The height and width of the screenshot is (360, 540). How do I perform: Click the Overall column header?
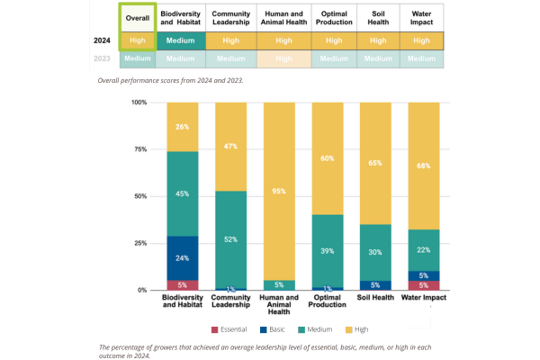tap(137, 18)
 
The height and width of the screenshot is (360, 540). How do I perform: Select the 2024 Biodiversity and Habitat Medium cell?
tap(181, 40)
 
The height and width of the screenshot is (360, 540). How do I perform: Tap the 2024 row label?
tap(101, 40)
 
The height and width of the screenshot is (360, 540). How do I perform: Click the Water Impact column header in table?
tap(422, 18)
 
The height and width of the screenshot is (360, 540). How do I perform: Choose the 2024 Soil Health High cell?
tap(378, 40)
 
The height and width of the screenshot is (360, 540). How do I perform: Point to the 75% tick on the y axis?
tap(140, 149)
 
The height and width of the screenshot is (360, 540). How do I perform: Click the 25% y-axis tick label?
tap(140, 243)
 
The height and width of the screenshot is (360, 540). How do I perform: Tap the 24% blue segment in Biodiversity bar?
tap(182, 258)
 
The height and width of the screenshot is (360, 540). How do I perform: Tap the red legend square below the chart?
tap(214, 330)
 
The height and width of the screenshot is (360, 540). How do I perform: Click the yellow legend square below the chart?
tap(348, 330)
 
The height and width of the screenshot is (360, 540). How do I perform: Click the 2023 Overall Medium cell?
tap(137, 59)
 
